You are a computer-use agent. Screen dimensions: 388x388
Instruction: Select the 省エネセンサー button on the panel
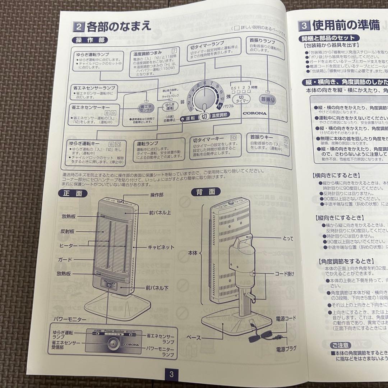coord(146,107)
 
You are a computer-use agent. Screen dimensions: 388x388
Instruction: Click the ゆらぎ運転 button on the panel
coord(170,107)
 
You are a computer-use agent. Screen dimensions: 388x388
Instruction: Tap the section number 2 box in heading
coord(79,26)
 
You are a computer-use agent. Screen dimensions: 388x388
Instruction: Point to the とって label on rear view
coord(288,238)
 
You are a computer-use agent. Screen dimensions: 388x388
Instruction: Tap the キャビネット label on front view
coord(161,247)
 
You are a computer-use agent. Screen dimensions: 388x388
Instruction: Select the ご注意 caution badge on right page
coord(340,345)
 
